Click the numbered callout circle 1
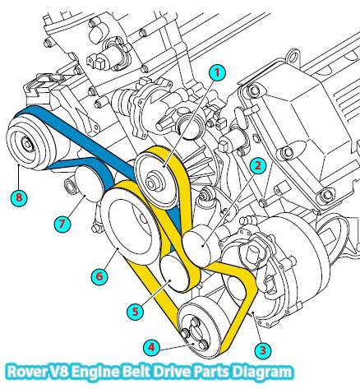click(217, 73)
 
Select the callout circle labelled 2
click(257, 165)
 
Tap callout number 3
click(263, 350)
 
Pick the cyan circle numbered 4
click(151, 348)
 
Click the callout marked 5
click(136, 312)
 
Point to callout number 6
click(99, 276)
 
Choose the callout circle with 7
click(62, 224)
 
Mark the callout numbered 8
click(19, 197)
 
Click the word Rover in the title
click(27, 372)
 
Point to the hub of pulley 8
click(28, 145)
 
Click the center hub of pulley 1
click(155, 181)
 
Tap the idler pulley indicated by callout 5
click(173, 273)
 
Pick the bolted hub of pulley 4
click(195, 333)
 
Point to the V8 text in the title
click(59, 372)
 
